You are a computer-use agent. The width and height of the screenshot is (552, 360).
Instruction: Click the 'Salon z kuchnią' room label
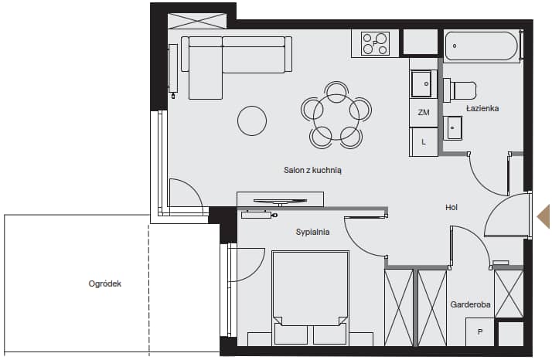[x=312, y=170]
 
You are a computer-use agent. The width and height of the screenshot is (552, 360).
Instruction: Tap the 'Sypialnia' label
[x=312, y=232]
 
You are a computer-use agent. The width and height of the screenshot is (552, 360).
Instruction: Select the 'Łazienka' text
[x=482, y=108]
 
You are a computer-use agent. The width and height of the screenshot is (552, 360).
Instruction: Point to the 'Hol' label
[x=451, y=207]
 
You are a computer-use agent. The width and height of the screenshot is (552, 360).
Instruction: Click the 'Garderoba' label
[x=470, y=304]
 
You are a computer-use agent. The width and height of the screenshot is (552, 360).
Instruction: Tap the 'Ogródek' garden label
[x=105, y=284]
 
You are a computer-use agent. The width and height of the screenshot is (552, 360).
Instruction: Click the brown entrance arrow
[x=543, y=217]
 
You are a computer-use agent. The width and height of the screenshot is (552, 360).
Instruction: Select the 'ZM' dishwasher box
[x=424, y=113]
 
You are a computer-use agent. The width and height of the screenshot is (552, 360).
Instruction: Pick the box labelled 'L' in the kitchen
[x=424, y=142]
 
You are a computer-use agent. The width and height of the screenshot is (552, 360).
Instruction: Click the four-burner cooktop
[x=375, y=43]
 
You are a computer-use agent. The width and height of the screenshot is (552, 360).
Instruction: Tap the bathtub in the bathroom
[x=482, y=46]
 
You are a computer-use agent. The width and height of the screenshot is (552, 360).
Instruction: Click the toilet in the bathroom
[x=460, y=90]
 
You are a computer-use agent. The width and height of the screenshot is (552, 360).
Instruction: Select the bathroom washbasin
[x=453, y=128]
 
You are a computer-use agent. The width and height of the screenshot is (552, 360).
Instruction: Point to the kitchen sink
[x=421, y=83]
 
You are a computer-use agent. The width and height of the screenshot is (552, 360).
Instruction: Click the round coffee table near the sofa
[x=252, y=121]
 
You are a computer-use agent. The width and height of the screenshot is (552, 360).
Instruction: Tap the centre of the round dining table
[x=336, y=117]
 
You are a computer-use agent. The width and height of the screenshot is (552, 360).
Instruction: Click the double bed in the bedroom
[x=310, y=297]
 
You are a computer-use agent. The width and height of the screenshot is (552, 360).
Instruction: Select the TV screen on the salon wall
[x=280, y=202]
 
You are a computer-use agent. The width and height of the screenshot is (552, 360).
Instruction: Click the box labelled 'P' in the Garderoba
[x=480, y=332]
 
